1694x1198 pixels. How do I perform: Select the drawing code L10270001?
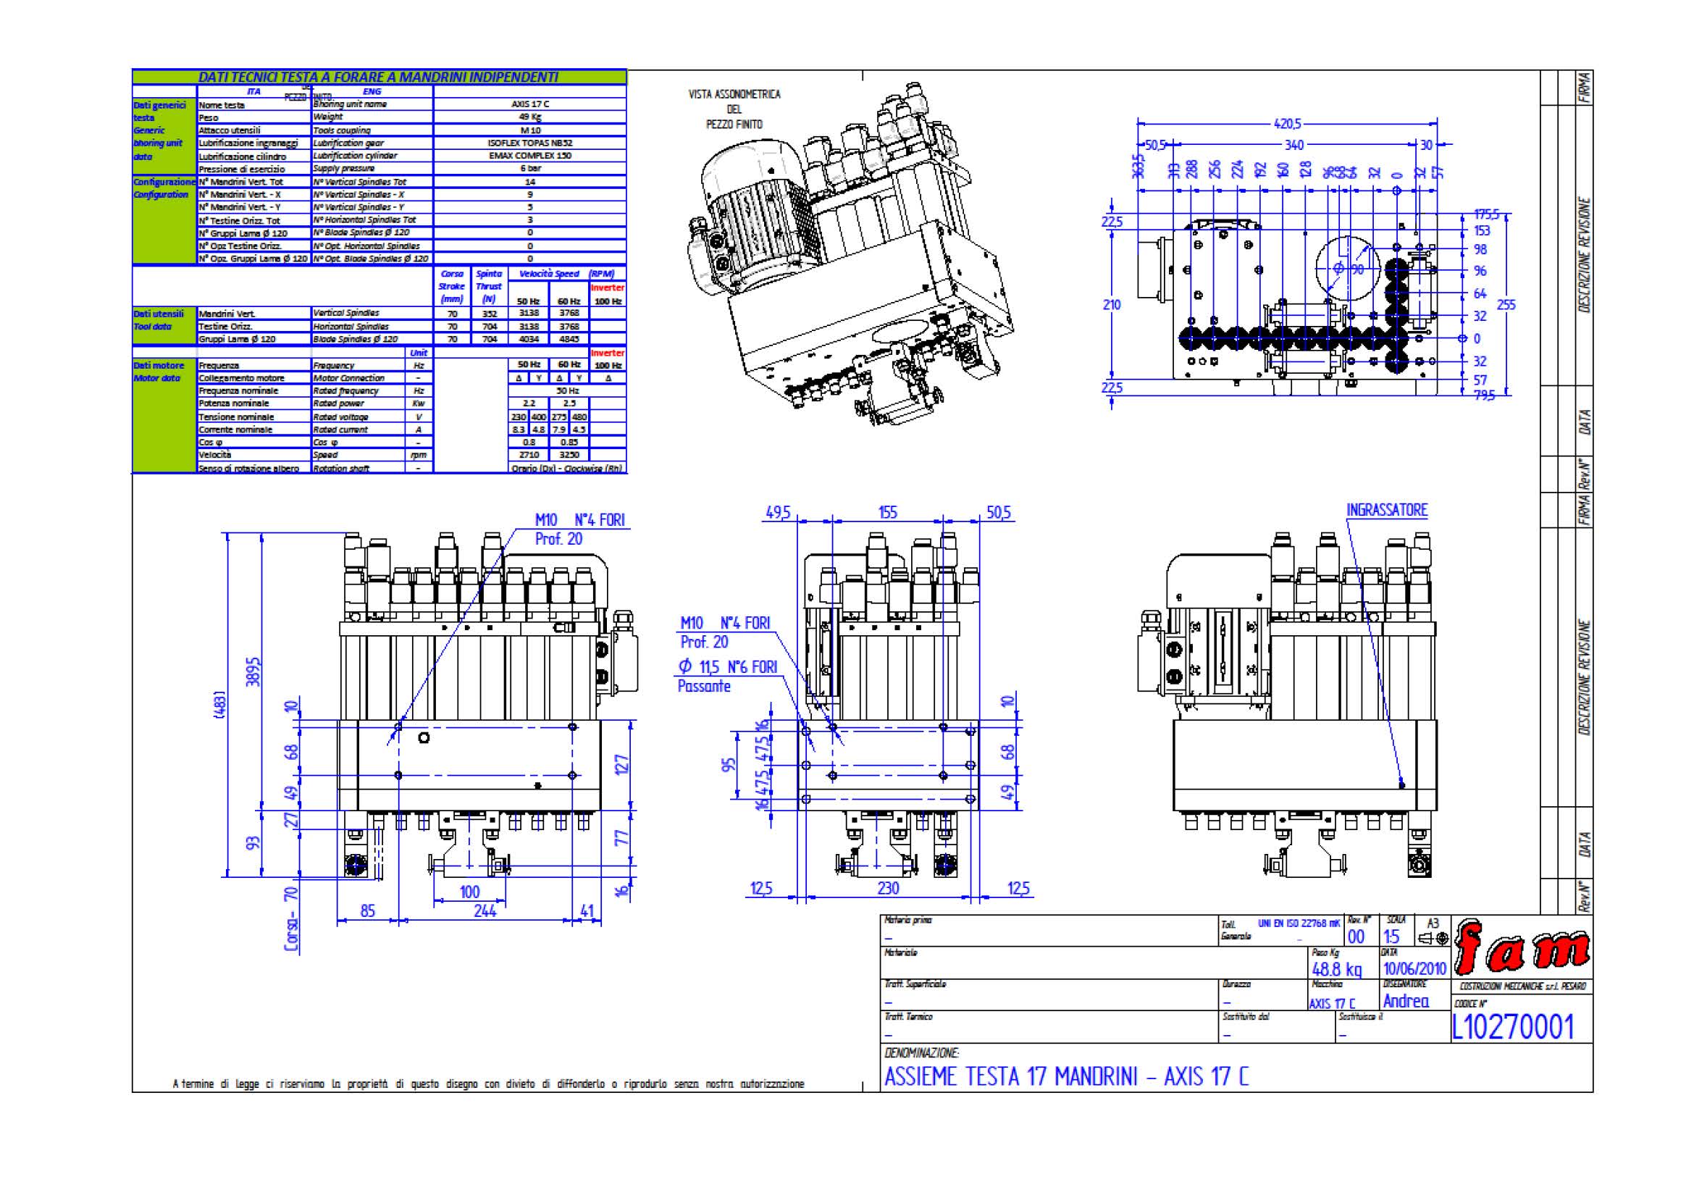(1512, 1027)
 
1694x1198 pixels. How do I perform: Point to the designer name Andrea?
(1406, 1001)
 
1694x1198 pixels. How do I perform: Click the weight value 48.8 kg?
(1336, 969)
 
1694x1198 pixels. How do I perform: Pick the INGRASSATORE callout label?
(1386, 511)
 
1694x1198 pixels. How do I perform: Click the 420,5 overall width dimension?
(1288, 124)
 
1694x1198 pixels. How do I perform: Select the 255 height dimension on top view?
(1506, 305)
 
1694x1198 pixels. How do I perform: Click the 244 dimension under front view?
(485, 911)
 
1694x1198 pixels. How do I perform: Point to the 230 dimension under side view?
(889, 888)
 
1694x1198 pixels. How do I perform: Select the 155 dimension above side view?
(888, 512)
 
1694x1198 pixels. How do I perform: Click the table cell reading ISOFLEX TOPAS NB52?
(529, 143)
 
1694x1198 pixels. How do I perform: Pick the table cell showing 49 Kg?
(529, 117)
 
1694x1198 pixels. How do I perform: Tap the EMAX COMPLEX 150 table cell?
(529, 156)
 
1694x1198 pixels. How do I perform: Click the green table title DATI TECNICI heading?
(379, 77)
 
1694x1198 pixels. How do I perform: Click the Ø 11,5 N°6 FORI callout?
(727, 668)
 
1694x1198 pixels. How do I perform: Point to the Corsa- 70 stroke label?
(291, 919)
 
